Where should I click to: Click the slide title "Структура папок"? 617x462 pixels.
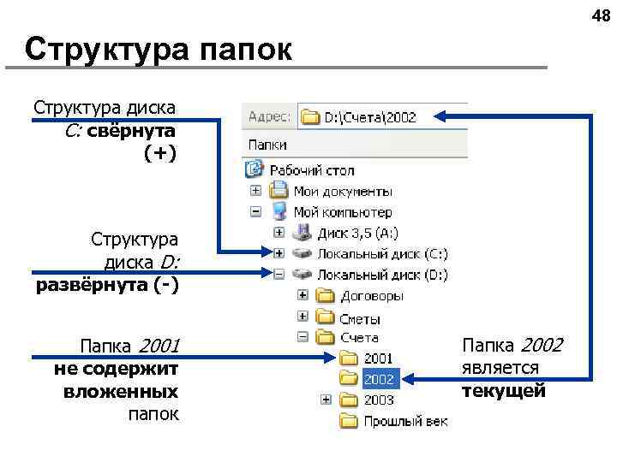pyautogui.click(x=159, y=50)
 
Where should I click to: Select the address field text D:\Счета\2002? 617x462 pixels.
pyautogui.click(x=369, y=117)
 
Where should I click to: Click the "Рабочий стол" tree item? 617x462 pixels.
pyautogui.click(x=322, y=170)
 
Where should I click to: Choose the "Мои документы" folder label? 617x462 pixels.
pyautogui.click(x=343, y=191)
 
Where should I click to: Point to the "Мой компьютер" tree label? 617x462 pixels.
pyautogui.click(x=343, y=211)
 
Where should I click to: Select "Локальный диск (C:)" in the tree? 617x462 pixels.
pyautogui.click(x=382, y=253)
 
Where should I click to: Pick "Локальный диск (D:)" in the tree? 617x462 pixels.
pyautogui.click(x=382, y=275)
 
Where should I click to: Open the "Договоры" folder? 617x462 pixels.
pyautogui.click(x=372, y=296)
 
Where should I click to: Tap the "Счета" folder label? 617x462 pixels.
pyautogui.click(x=359, y=338)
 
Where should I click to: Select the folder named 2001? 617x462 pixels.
pyautogui.click(x=379, y=358)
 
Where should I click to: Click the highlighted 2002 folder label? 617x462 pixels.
pyautogui.click(x=379, y=378)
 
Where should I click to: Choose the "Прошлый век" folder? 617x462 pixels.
pyautogui.click(x=405, y=420)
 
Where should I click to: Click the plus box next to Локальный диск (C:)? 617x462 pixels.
pyautogui.click(x=279, y=253)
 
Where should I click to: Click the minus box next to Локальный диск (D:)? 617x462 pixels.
pyautogui.click(x=279, y=275)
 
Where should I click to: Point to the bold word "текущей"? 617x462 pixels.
pyautogui.click(x=503, y=392)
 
